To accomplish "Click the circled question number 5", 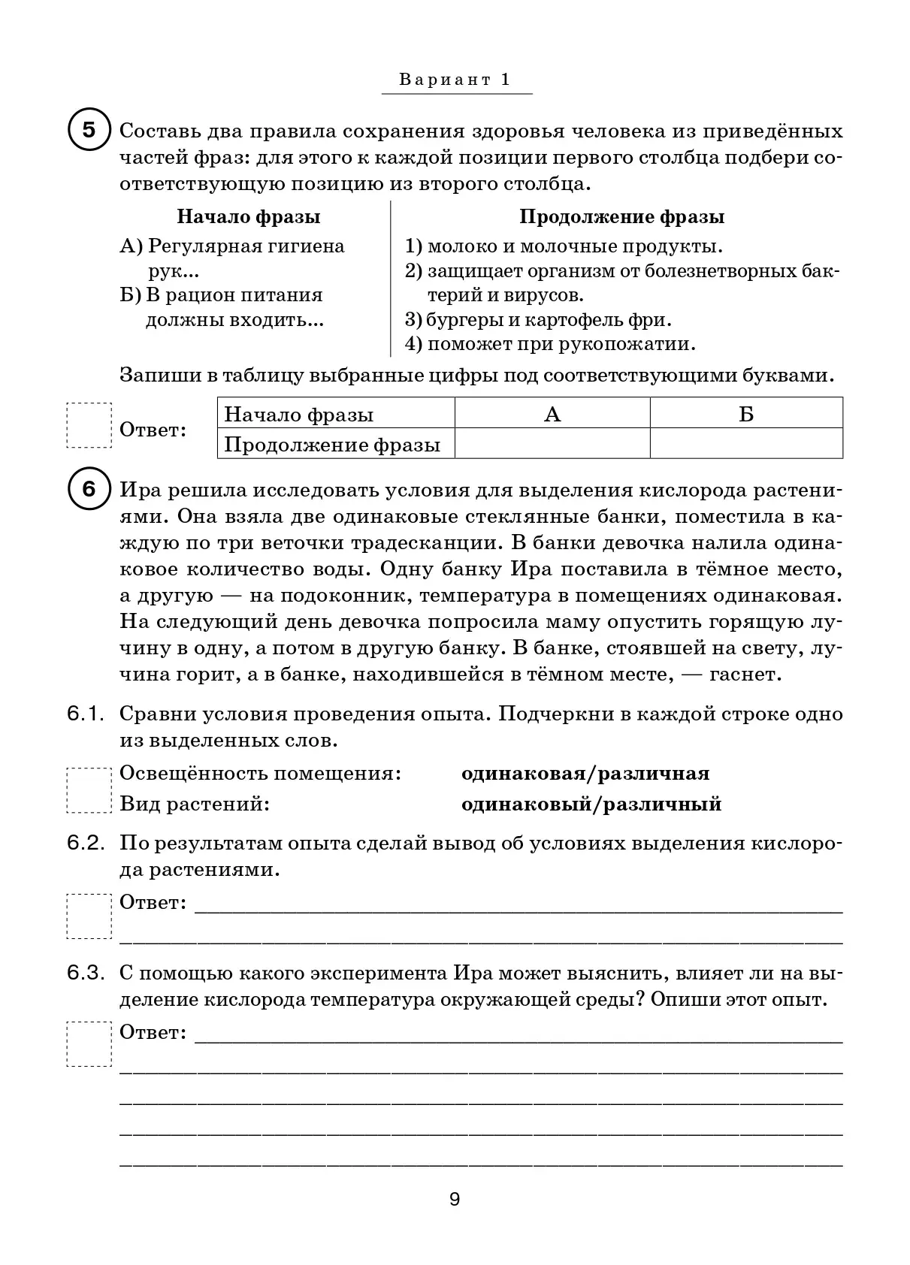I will click(89, 131).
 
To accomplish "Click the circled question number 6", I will click(89, 490).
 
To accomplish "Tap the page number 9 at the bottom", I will click(455, 1199).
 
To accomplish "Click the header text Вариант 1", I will click(455, 80).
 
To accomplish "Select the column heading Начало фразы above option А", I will click(249, 217).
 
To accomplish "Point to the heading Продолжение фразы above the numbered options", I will click(622, 217).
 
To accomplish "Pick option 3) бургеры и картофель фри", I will click(539, 319).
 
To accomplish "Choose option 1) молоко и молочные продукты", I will click(564, 246).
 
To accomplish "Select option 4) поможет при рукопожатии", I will click(551, 344).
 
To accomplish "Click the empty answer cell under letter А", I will click(552, 444).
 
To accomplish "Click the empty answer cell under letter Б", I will click(745, 444).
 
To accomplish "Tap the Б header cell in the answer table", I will click(745, 415).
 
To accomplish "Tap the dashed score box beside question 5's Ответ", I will click(89, 426).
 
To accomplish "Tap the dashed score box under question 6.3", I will click(89, 1043).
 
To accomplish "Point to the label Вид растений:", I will click(195, 805).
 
